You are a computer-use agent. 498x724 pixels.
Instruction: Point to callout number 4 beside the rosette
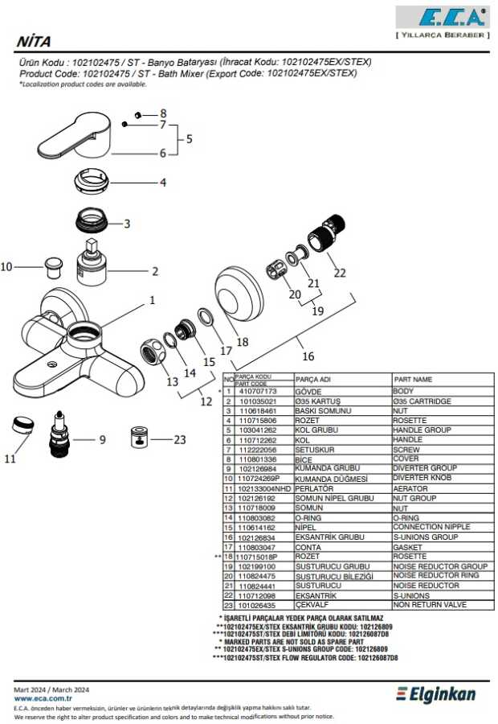pos(162,183)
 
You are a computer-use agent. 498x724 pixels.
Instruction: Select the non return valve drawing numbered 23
pos(140,439)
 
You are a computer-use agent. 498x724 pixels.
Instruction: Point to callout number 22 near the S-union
pos(340,273)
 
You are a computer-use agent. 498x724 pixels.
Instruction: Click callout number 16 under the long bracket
pos(308,356)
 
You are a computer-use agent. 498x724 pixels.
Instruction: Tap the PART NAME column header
pos(412,379)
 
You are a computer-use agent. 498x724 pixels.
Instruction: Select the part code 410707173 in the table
pos(258,390)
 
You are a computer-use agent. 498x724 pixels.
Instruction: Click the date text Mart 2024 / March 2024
pos(52,689)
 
